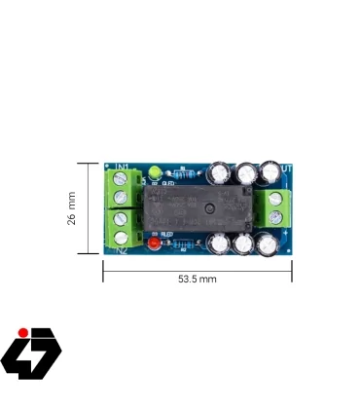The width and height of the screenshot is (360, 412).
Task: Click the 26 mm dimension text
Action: [72, 207]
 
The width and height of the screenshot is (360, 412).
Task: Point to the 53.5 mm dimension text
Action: [197, 279]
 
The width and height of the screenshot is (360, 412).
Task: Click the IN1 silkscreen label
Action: [123, 168]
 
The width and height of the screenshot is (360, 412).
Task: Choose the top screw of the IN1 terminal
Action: [121, 179]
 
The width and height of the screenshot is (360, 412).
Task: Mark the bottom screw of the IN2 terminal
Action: [121, 238]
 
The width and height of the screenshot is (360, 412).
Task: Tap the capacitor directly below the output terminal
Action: [267, 243]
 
